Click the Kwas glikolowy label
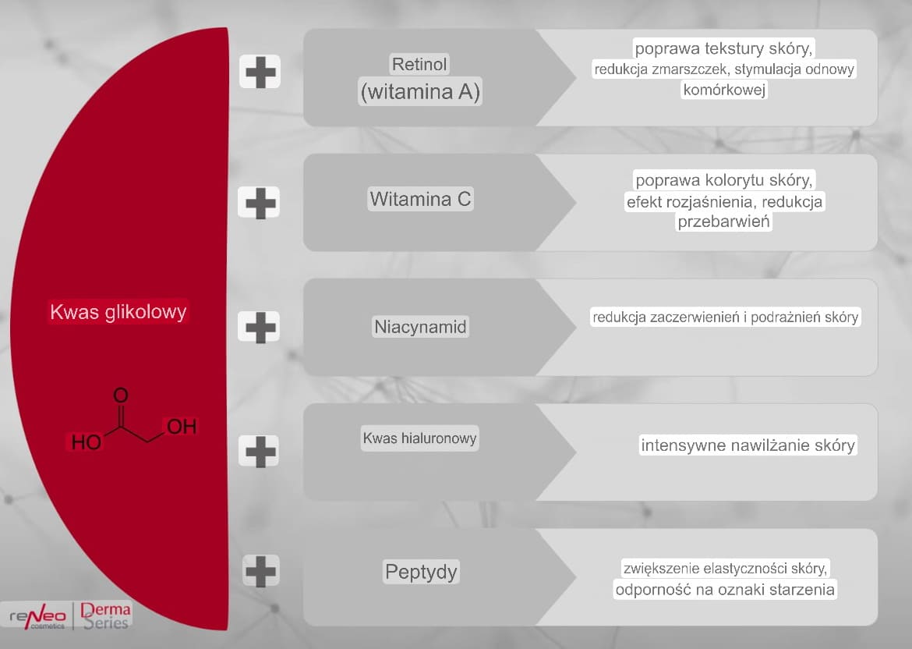(118, 312)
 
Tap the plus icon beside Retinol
(260, 73)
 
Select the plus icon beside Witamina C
(260, 203)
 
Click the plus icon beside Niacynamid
(260, 327)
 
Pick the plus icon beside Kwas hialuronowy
(260, 451)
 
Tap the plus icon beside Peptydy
(260, 571)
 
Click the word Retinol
(419, 64)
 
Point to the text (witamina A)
(420, 92)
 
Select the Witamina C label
(420, 199)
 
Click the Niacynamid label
(420, 327)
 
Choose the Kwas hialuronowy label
(420, 438)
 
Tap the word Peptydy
(421, 572)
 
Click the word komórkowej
(724, 90)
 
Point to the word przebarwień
(723, 222)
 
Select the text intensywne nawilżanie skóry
(748, 445)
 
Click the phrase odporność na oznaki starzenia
(725, 590)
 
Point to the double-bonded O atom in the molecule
(120, 395)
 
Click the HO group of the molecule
(86, 442)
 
